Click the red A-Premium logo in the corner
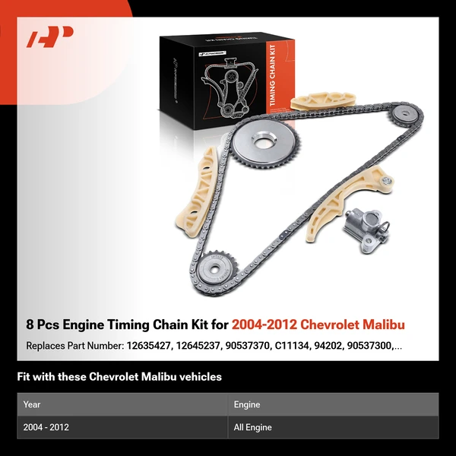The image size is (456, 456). point(50,36)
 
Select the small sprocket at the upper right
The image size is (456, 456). point(404,116)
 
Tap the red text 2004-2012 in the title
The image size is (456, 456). point(263,325)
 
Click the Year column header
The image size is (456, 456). point(32,405)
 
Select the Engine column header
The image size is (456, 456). point(247,405)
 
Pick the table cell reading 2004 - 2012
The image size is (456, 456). point(46,427)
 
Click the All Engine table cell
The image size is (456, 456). point(254,427)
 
